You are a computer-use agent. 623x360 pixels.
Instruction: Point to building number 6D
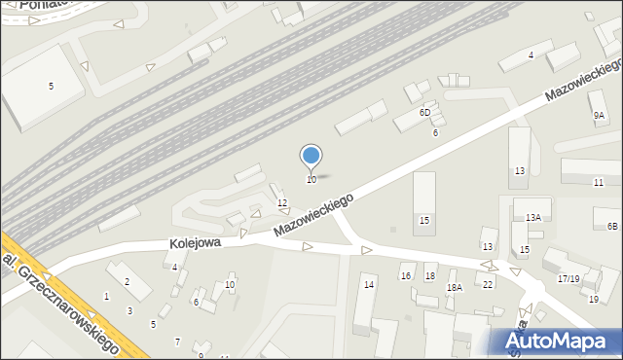point(424,113)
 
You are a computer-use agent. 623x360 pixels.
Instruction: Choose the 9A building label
point(599,115)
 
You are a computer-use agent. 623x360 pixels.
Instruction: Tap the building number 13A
point(533,217)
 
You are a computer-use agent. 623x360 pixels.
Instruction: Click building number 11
point(599,183)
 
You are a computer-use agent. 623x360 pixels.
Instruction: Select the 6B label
point(612,227)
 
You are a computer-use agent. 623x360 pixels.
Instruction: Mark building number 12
point(282,202)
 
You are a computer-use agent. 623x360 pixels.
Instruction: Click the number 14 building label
point(368,284)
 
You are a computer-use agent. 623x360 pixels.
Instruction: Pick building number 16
point(406,276)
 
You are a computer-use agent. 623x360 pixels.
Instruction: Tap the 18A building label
point(454,288)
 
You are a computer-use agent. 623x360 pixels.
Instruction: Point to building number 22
point(488,284)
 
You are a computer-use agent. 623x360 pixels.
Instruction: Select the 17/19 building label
point(568,279)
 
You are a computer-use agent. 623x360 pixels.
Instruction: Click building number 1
point(106,296)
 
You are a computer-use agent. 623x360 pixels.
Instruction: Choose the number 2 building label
point(127,282)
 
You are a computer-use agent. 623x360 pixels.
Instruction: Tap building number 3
point(129,311)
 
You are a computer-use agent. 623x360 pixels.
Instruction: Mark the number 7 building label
point(176,342)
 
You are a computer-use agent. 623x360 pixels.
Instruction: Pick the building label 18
point(430,276)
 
